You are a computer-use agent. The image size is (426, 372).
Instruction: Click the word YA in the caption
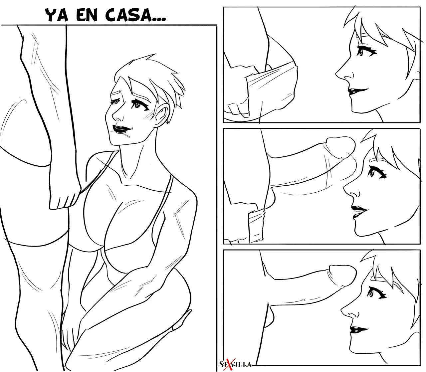coord(57,15)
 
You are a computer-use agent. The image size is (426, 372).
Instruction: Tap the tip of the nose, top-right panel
coord(336,74)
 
